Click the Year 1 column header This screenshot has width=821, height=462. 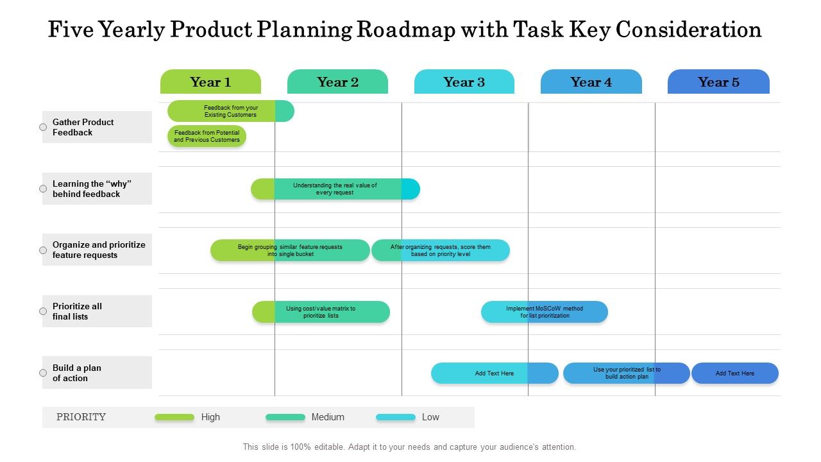210,82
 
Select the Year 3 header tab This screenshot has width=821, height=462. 464,82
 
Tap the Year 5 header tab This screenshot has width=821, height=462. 718,82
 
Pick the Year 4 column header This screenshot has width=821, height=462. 591,82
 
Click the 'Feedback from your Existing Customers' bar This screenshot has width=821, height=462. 231,111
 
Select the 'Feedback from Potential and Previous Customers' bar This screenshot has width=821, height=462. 207,136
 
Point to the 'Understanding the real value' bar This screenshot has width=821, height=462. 335,189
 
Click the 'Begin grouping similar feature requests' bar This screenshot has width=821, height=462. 290,250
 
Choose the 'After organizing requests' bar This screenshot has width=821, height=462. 441,250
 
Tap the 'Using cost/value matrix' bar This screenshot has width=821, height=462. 321,312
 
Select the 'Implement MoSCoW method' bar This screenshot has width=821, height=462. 545,312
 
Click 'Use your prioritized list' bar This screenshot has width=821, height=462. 627,373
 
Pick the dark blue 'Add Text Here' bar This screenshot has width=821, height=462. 735,373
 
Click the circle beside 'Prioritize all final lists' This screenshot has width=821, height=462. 43,311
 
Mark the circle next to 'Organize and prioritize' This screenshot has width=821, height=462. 43,250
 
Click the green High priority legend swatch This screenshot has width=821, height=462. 174,417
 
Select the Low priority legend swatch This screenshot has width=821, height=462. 396,417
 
